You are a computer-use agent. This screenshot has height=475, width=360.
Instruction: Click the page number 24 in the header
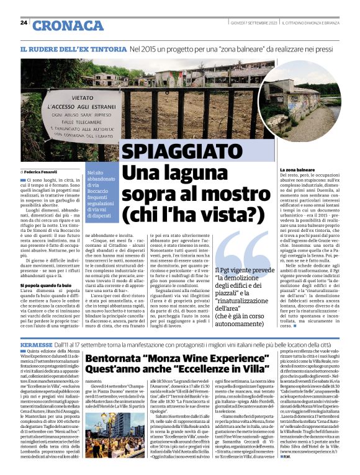click(x=24, y=23)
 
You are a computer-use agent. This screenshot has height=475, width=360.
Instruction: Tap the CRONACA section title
click(x=69, y=25)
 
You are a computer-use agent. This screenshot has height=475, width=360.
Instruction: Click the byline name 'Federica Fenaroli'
click(x=41, y=171)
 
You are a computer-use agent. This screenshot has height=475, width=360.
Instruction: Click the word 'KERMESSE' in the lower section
click(x=37, y=343)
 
